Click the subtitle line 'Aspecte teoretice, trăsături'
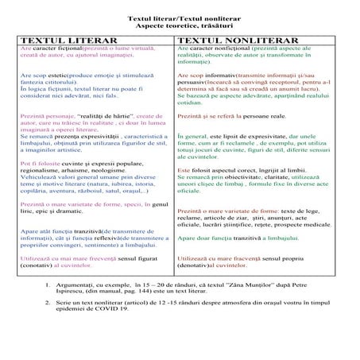pyautogui.click(x=179, y=26)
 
